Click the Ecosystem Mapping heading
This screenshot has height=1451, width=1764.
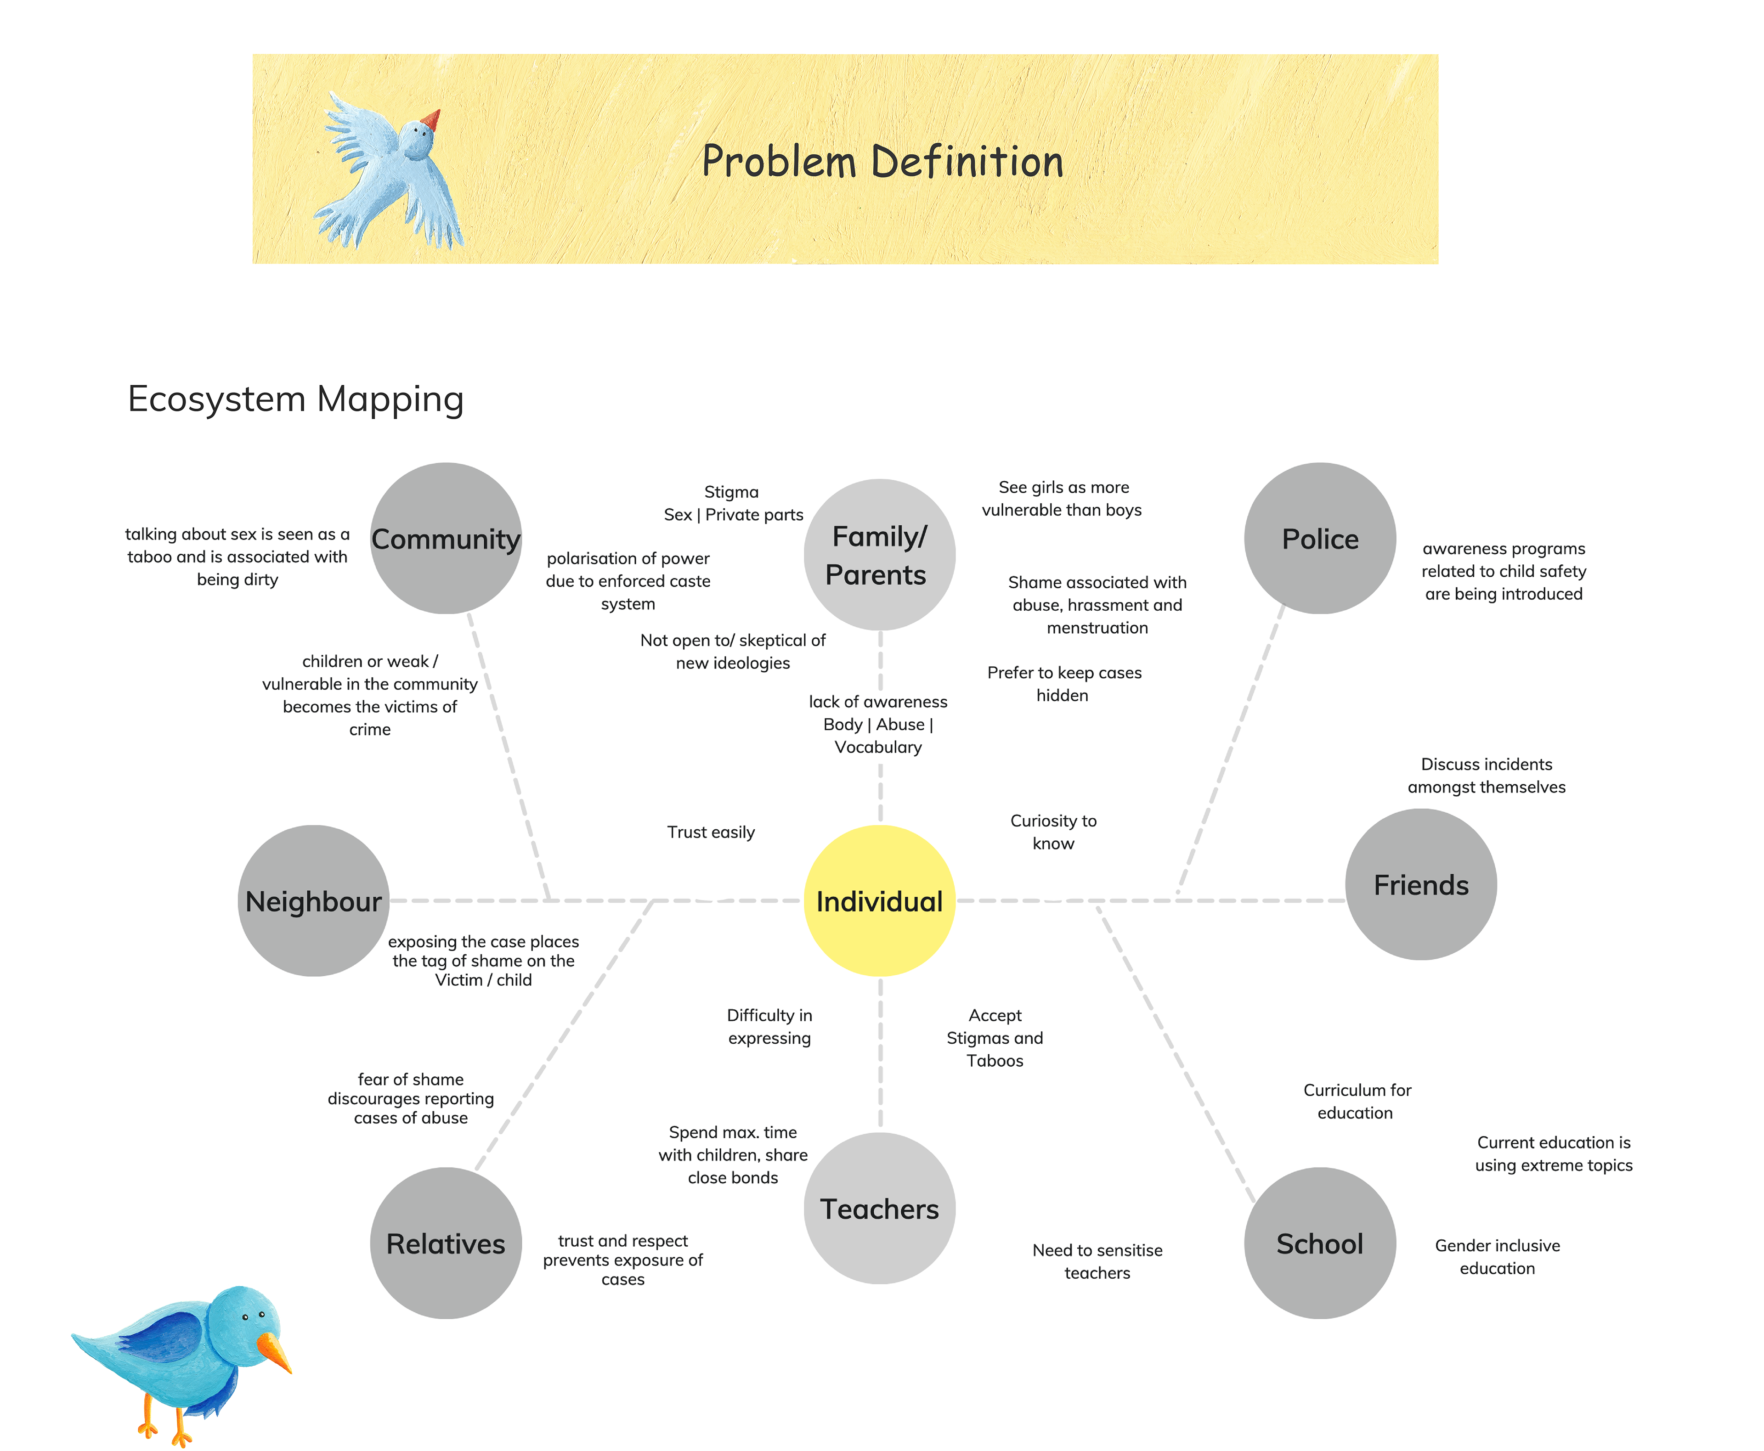point(295,399)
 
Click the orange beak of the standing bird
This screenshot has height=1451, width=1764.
point(276,1351)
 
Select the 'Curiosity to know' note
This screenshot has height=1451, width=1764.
point(1053,832)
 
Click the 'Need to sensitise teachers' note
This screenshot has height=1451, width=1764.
point(1097,1261)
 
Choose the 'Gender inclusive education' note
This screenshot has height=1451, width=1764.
point(1497,1256)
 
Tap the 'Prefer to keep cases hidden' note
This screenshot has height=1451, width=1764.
point(1063,684)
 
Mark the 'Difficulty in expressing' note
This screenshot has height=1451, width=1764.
point(769,1026)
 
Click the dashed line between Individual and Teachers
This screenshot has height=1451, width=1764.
point(880,1053)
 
